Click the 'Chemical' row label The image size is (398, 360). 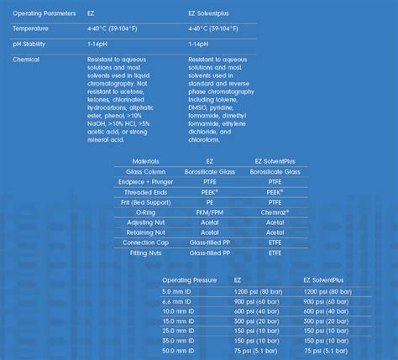pos(27,60)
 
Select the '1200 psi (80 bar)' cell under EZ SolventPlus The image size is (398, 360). pos(327,290)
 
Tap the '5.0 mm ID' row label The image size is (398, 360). pos(177,290)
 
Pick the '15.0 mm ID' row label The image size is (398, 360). pos(179,321)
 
